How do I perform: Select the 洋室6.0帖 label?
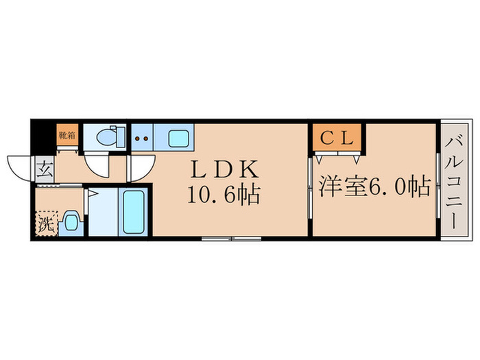[x=374, y=185]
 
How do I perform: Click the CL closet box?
[x=338, y=136]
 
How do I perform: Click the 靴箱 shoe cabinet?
[x=67, y=134]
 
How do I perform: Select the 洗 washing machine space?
[x=45, y=222]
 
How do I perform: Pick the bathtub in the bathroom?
[x=133, y=213]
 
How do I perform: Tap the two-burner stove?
[x=141, y=138]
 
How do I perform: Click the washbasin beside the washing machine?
[x=70, y=221]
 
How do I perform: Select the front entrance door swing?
[x=21, y=169]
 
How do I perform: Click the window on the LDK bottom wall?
[x=230, y=239]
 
